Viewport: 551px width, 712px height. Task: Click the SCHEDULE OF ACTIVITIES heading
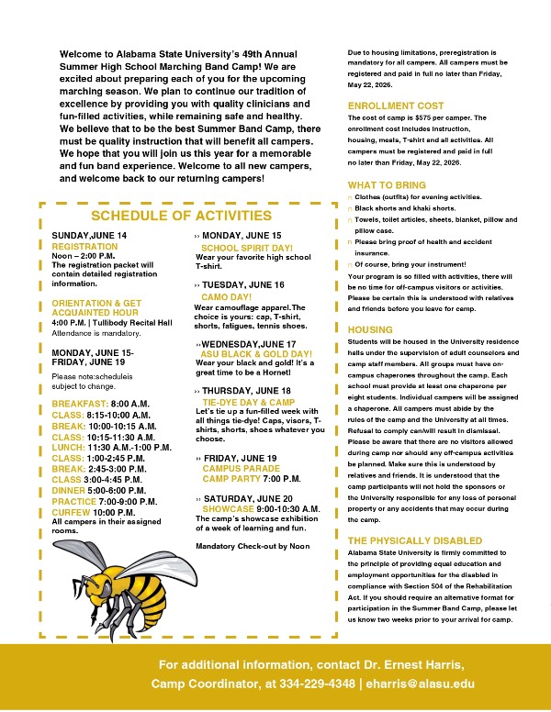[181, 216]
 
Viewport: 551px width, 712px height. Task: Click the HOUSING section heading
[370, 329]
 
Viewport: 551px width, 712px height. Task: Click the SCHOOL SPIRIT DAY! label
[246, 248]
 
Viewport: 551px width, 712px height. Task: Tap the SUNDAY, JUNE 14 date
[89, 236]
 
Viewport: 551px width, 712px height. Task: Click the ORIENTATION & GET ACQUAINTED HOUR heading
[96, 307]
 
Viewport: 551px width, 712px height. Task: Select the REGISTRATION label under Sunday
[84, 247]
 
